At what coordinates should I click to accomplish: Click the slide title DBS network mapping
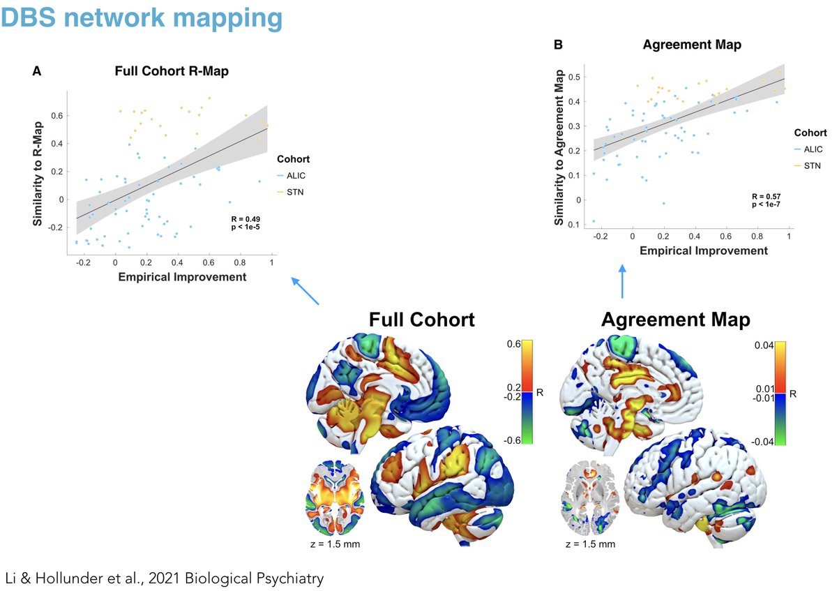[142, 18]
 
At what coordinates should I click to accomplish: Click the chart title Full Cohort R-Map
[172, 71]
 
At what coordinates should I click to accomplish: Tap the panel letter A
[36, 71]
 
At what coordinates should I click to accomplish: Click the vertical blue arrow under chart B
[622, 280]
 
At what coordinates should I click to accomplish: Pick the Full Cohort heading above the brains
[422, 320]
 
